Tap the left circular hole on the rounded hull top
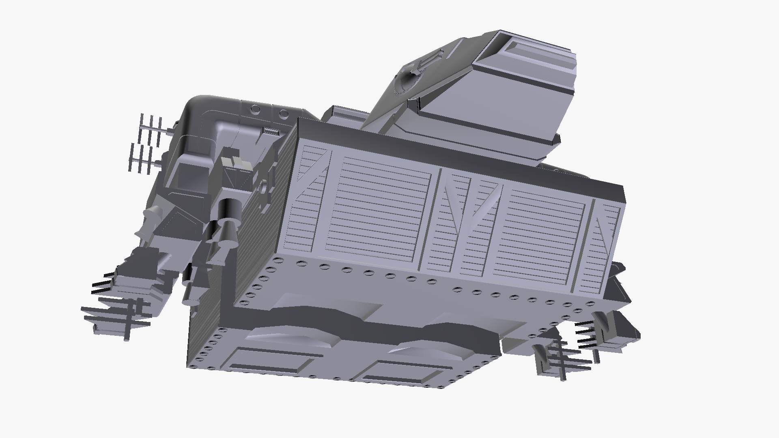pos(256,109)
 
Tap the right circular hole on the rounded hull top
pos(284,113)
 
